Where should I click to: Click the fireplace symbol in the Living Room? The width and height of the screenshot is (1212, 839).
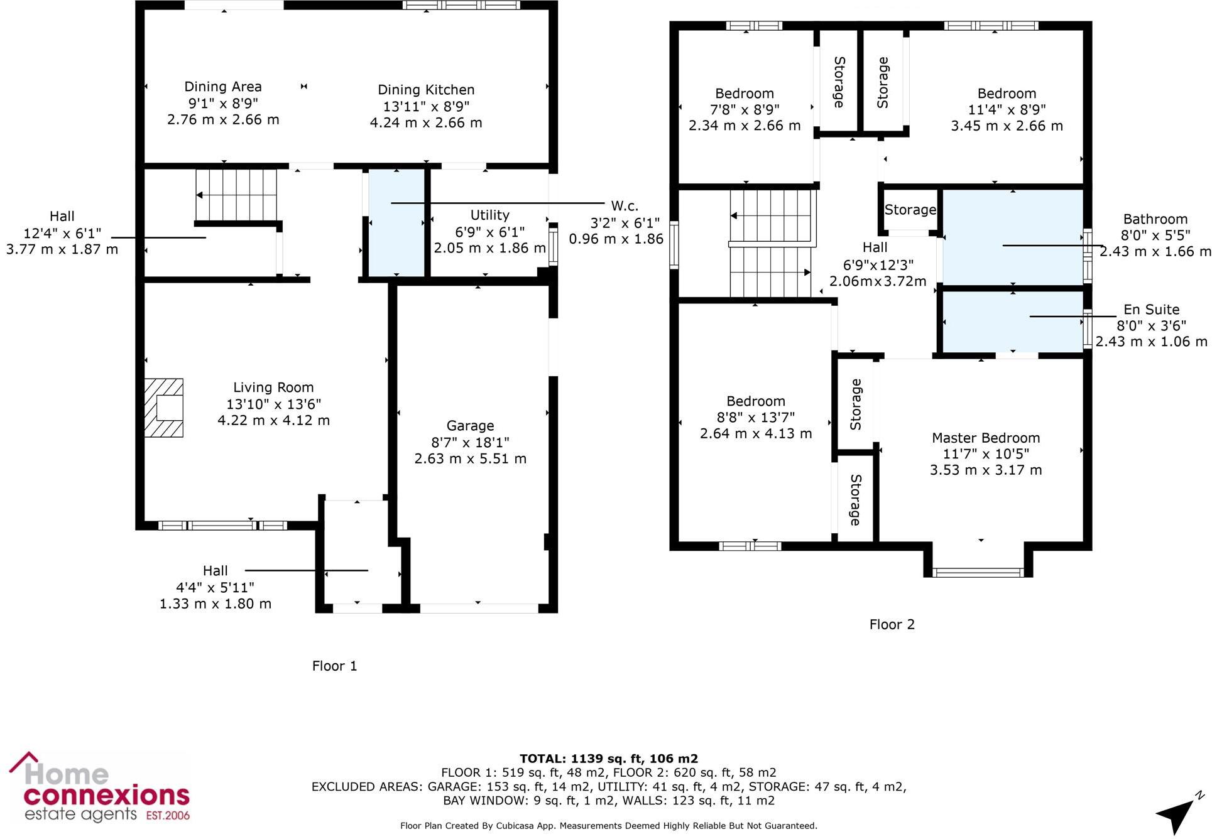(164, 408)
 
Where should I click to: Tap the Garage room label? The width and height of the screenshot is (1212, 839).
(470, 426)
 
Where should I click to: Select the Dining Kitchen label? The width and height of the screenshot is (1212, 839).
(425, 90)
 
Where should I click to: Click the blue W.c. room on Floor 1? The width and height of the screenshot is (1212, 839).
(396, 245)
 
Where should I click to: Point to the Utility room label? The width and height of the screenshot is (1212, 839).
(489, 215)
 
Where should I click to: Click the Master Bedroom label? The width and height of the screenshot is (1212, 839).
(985, 438)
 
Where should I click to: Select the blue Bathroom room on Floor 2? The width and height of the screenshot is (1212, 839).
(980, 257)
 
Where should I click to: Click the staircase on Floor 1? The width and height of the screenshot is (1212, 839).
(236, 195)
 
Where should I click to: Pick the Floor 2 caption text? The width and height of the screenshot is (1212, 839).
(892, 624)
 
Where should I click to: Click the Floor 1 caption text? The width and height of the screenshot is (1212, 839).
(334, 666)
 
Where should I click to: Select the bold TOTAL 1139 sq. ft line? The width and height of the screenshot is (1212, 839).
(608, 759)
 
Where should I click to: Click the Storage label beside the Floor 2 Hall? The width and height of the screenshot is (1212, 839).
(909, 210)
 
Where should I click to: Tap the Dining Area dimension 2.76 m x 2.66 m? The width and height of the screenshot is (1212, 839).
(223, 119)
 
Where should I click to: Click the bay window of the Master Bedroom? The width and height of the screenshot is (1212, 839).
(978, 571)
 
